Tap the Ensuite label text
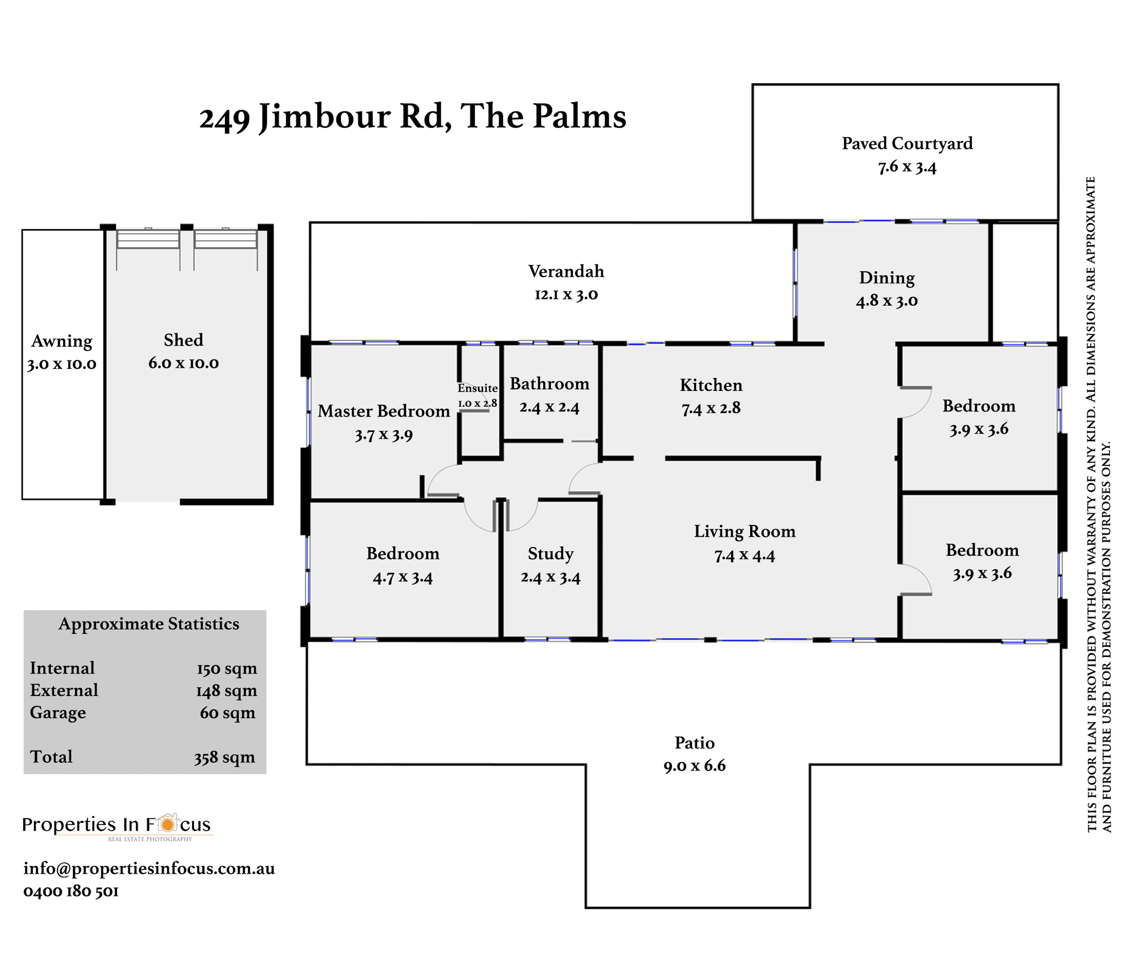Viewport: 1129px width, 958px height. [x=477, y=388]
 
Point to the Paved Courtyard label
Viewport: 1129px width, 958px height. [x=907, y=143]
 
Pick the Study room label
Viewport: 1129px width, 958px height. [x=551, y=553]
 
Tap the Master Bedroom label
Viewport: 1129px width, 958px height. [x=384, y=411]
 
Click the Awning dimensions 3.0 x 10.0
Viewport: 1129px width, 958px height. [x=62, y=364]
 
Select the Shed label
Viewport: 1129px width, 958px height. [x=183, y=340]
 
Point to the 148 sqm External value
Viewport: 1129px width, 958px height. [x=226, y=691]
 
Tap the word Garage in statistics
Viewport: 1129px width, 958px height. [x=58, y=712]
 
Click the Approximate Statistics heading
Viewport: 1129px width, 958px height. [x=149, y=624]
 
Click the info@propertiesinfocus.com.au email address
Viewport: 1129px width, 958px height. [x=149, y=869]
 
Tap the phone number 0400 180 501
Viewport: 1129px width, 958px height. [x=70, y=891]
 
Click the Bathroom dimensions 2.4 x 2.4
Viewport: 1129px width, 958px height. [x=549, y=407]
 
